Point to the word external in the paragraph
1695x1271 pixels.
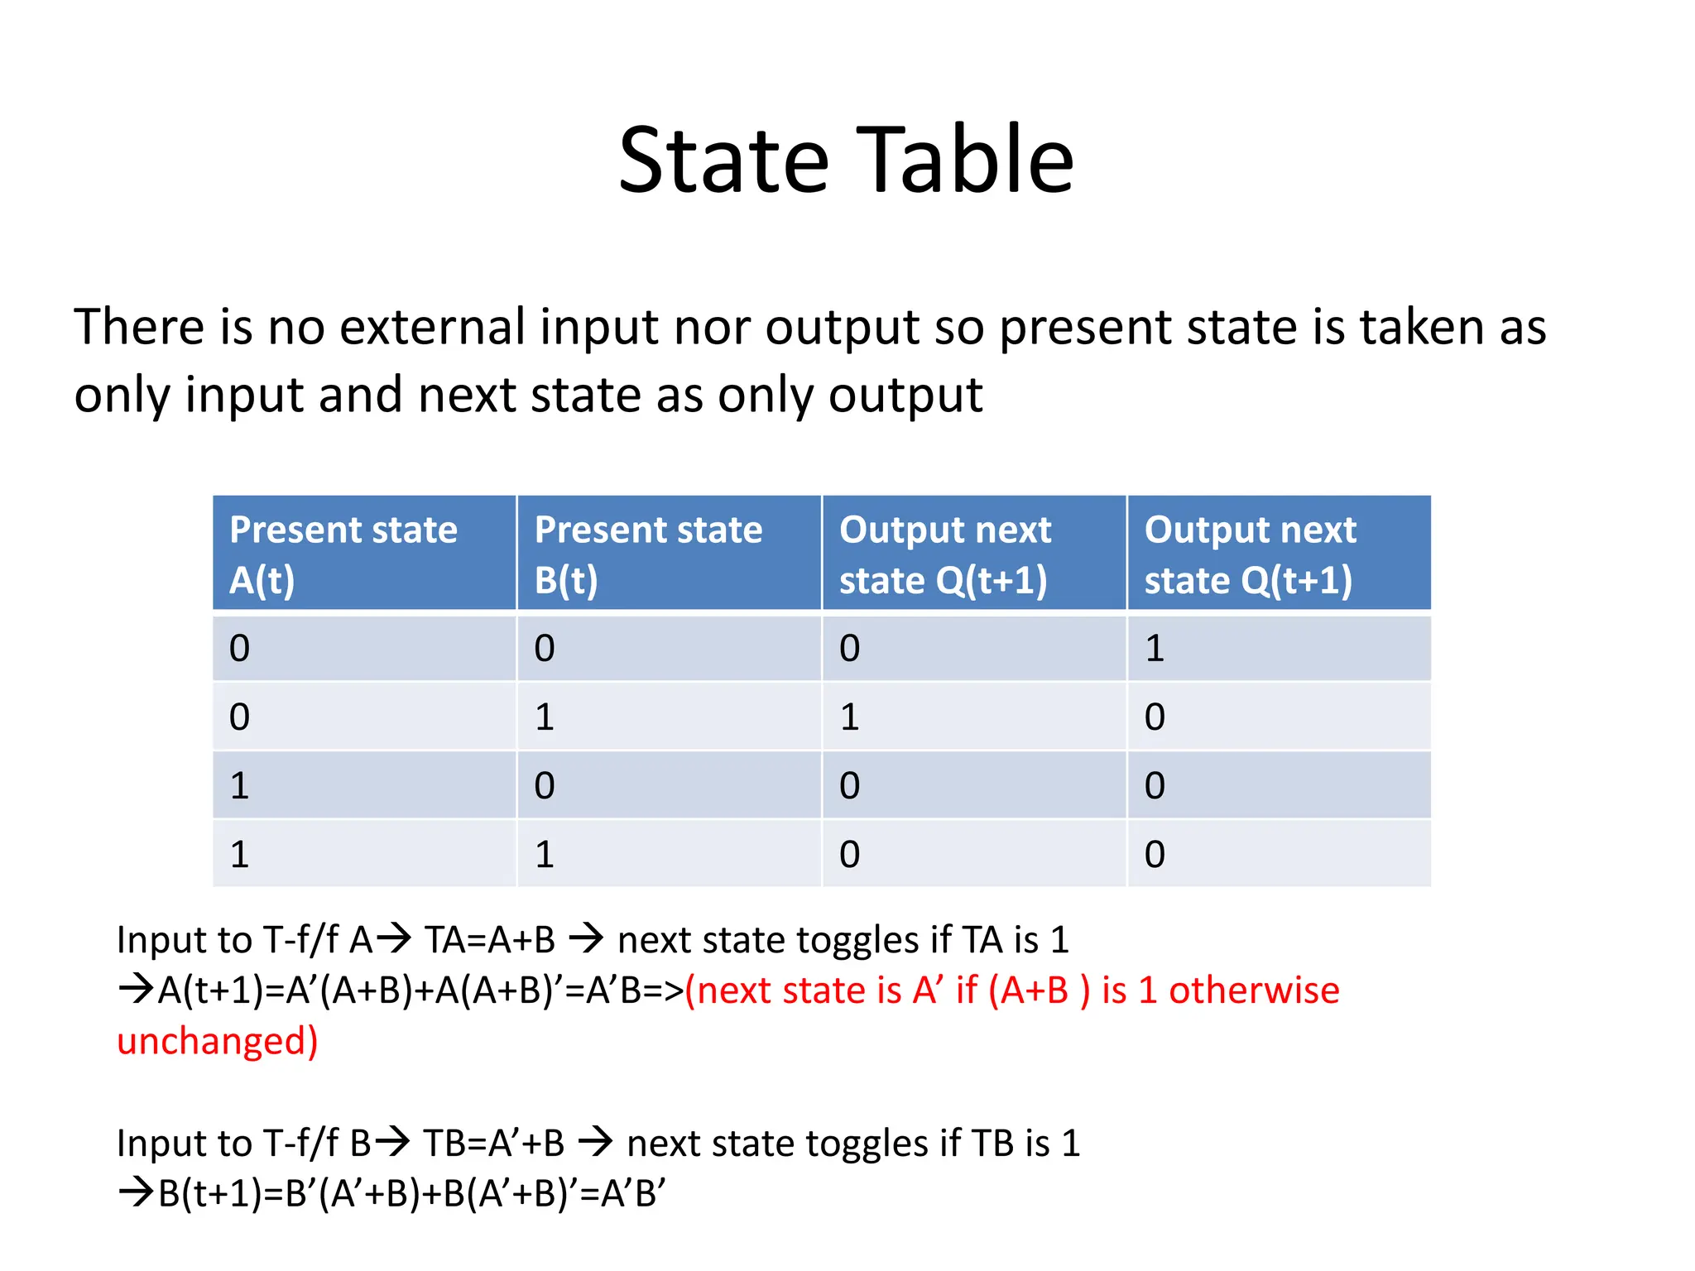(432, 327)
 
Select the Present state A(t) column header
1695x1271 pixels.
(364, 554)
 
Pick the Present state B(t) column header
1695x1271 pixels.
(669, 554)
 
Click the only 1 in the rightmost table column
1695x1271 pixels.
(1155, 649)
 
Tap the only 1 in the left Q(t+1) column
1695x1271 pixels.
(849, 717)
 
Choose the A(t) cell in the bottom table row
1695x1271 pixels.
(239, 855)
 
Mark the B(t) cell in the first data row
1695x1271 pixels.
(544, 649)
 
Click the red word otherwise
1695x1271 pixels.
(1254, 990)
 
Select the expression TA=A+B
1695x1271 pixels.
(490, 940)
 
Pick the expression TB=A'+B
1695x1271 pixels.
(494, 1144)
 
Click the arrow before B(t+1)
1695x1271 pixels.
(136, 1193)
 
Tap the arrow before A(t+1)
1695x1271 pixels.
(136, 990)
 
